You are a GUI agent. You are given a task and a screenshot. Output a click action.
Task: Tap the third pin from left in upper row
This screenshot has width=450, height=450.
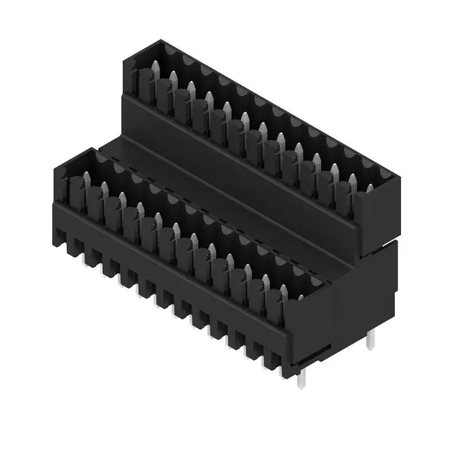[x=191, y=89]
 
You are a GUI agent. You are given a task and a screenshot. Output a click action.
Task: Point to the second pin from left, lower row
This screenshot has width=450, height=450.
[x=105, y=188]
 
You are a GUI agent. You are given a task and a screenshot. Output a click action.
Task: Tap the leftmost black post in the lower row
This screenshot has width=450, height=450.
[x=77, y=191]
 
